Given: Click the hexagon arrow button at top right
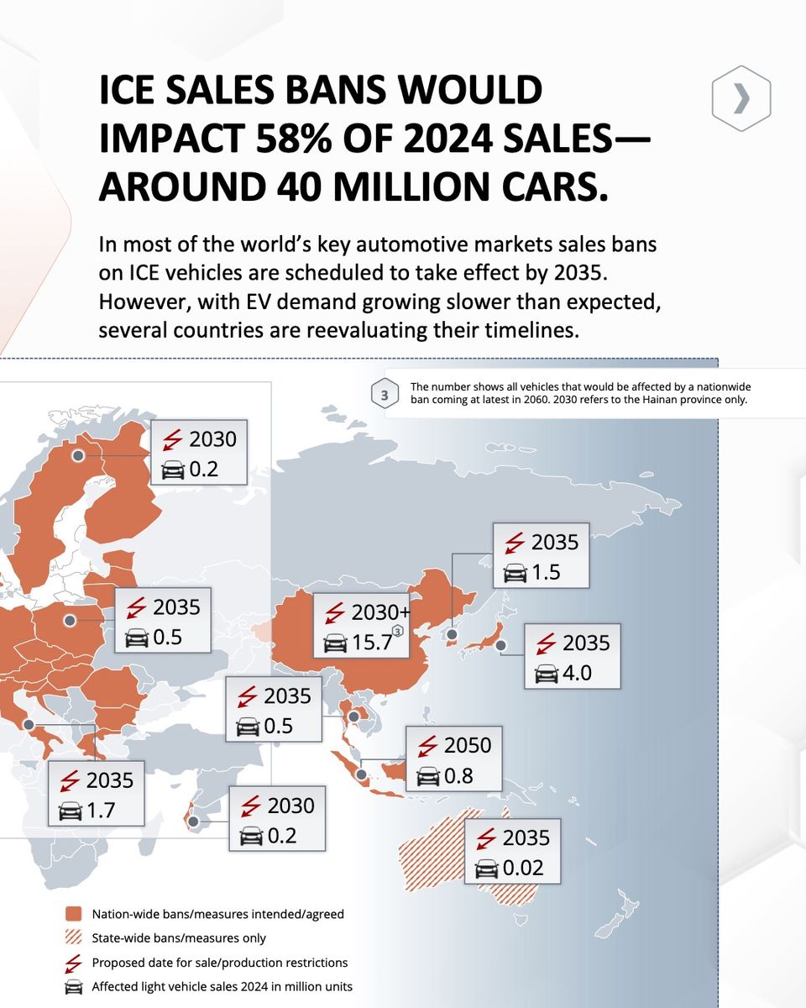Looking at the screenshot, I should (x=741, y=99).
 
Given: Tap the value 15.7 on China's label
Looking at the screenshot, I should (x=372, y=643).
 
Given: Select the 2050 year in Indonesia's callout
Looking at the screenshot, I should (x=467, y=745).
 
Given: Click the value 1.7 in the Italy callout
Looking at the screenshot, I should (x=102, y=811).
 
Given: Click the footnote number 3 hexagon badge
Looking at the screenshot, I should (x=385, y=394).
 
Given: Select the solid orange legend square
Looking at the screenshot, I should (x=74, y=914).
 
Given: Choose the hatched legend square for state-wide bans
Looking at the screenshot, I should (x=74, y=938).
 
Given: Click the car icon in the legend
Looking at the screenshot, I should (x=74, y=987).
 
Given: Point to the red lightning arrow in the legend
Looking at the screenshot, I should (x=74, y=963).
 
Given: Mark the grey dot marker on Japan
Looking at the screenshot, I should (x=501, y=646).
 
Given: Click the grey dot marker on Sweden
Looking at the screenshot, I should (x=78, y=455).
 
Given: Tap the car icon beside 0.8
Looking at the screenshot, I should (x=428, y=777).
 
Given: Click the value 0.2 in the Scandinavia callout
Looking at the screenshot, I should (x=203, y=469).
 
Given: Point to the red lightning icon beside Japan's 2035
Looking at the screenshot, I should (x=546, y=643).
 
